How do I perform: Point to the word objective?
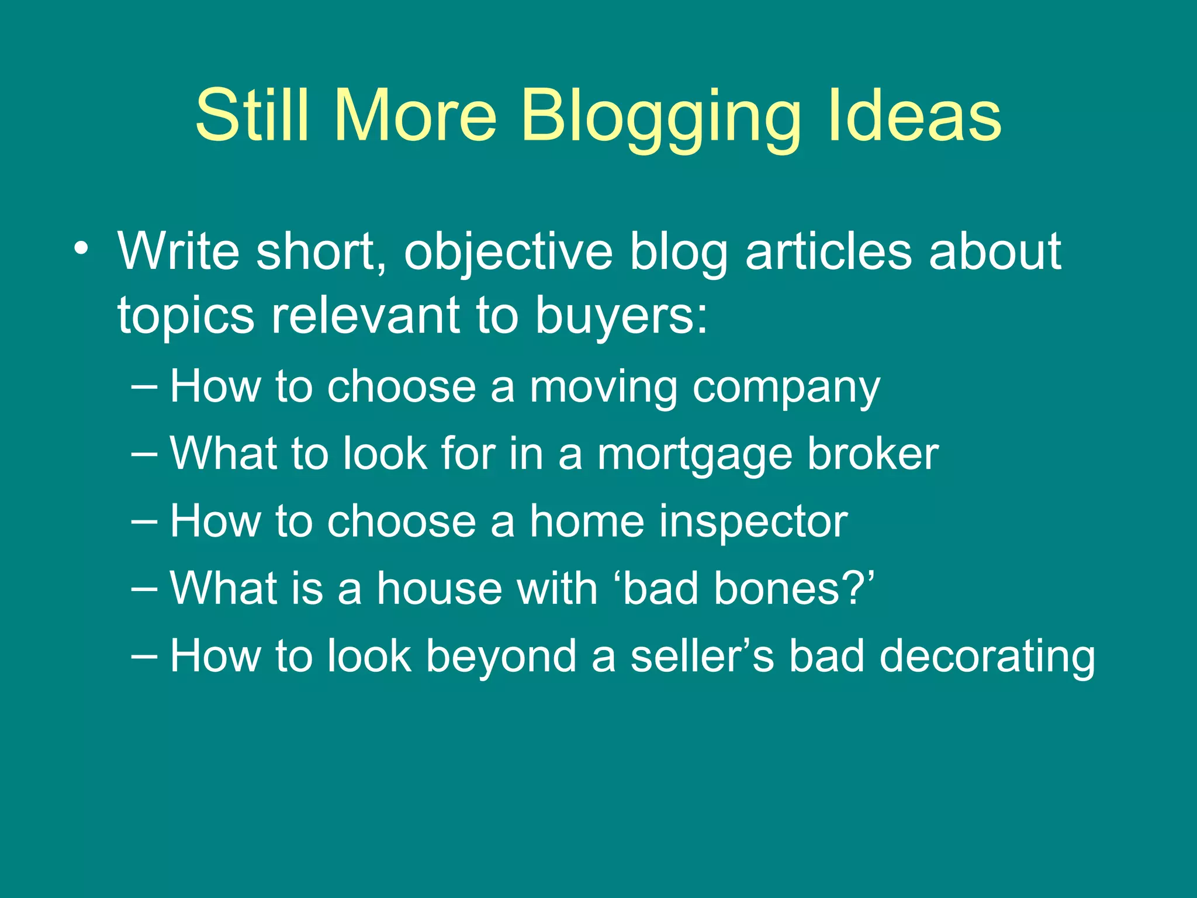tap(508, 252)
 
